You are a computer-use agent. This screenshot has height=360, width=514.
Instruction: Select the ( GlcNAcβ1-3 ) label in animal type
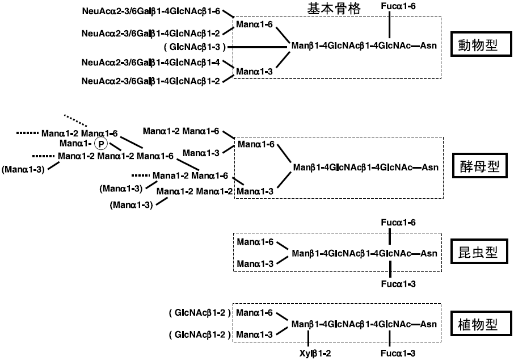pyautogui.click(x=194, y=46)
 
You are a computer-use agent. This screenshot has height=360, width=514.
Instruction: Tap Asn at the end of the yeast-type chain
pyautogui.click(x=429, y=167)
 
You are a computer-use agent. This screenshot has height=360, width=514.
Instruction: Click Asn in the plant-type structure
pyautogui.click(x=429, y=324)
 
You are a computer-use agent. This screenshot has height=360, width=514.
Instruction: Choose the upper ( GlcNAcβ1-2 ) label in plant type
pyautogui.click(x=197, y=313)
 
